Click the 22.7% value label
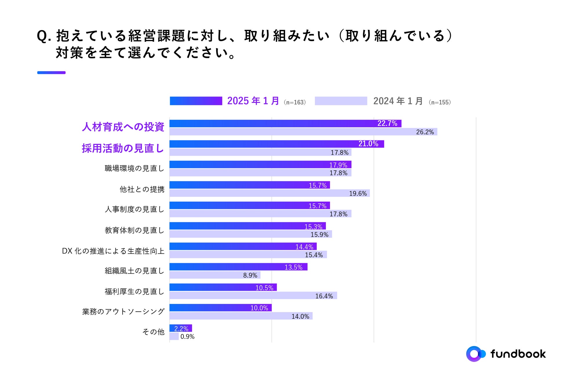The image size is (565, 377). (x=387, y=123)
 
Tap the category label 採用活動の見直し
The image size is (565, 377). (x=123, y=148)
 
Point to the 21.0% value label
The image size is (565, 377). (x=368, y=144)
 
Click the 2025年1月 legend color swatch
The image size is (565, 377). (x=196, y=101)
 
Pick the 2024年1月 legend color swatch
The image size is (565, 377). (x=341, y=101)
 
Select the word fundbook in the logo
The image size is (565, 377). (x=518, y=354)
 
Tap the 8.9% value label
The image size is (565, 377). (x=250, y=275)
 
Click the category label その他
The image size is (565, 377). (x=153, y=332)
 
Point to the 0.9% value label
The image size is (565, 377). (x=187, y=337)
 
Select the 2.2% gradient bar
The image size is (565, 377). (x=181, y=328)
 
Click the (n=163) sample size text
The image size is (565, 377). (x=295, y=102)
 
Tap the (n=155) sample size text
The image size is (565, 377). (x=440, y=102)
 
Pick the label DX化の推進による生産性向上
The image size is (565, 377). (x=113, y=251)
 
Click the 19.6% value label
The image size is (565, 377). (x=358, y=194)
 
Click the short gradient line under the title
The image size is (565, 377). (x=51, y=73)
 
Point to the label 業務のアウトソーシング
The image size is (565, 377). (x=123, y=312)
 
